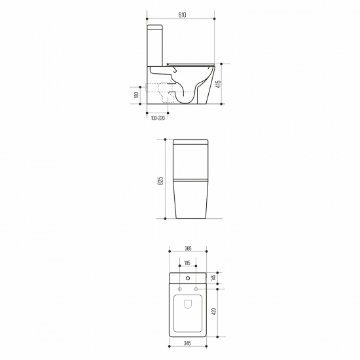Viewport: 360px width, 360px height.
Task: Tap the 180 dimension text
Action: click(x=136, y=95)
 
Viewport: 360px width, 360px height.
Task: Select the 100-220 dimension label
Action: click(x=156, y=118)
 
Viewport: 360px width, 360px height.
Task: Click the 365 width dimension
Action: click(x=188, y=249)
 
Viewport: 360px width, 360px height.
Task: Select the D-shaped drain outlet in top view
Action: click(x=188, y=304)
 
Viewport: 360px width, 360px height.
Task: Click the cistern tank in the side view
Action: click(x=156, y=46)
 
